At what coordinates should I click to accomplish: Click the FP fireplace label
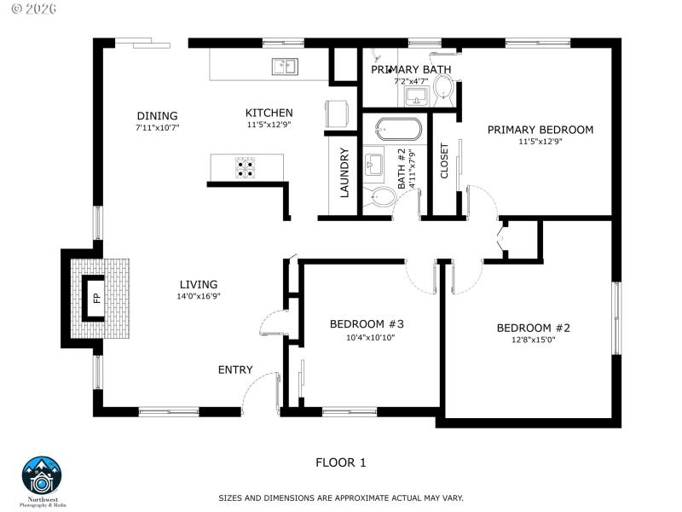(96, 298)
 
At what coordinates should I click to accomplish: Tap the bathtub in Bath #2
(398, 130)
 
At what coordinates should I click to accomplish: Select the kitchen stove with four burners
(246, 167)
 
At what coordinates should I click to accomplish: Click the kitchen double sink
(284, 67)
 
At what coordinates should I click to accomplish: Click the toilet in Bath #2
(382, 199)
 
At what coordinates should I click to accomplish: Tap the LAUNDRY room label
(345, 173)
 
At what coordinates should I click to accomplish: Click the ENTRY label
(235, 369)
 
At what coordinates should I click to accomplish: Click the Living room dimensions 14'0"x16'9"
(198, 297)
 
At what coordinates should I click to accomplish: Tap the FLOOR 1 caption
(340, 463)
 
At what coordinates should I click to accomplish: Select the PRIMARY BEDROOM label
(540, 130)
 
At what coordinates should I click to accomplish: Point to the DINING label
(157, 116)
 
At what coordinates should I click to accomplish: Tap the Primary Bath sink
(417, 94)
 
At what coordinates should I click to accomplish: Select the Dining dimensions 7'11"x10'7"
(157, 127)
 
